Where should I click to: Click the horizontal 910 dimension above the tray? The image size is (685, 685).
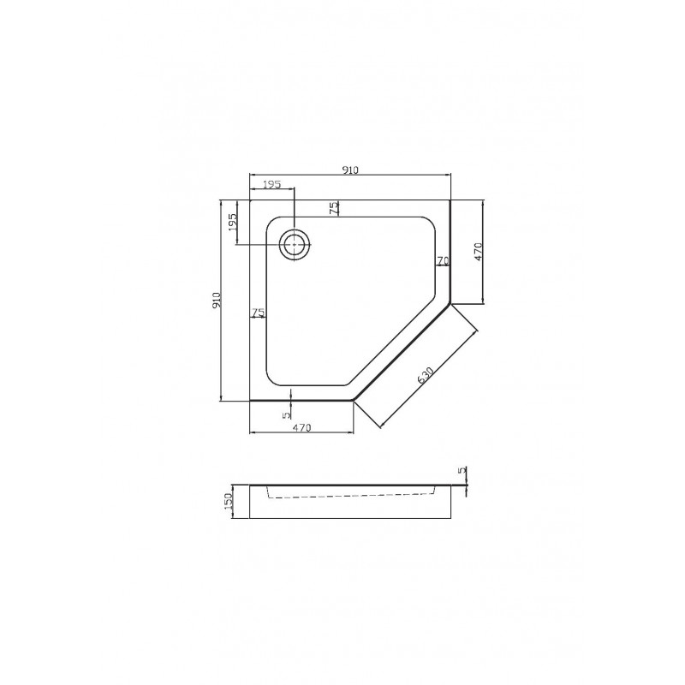pos(350,170)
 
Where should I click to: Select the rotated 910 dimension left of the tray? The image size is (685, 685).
pos(217,301)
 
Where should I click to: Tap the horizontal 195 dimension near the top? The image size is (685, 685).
pos(271,185)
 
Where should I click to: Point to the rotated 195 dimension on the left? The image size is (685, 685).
pos(232,223)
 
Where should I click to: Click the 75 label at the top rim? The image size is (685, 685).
pos(333,208)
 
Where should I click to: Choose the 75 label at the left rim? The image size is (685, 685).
pos(259,313)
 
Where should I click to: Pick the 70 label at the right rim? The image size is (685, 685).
pos(443,261)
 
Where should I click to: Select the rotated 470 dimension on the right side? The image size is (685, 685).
pos(478,252)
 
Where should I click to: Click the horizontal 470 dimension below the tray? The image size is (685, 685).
pos(302,428)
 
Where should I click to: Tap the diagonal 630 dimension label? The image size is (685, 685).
pos(425,376)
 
